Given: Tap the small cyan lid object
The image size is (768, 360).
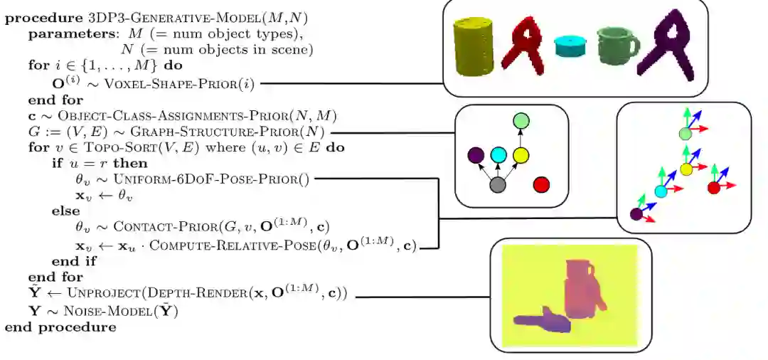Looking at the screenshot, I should (572, 47).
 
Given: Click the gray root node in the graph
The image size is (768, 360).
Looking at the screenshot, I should (498, 185).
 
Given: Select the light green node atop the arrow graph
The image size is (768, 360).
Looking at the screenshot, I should (521, 122).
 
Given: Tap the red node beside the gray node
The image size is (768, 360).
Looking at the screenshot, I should (542, 185).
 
